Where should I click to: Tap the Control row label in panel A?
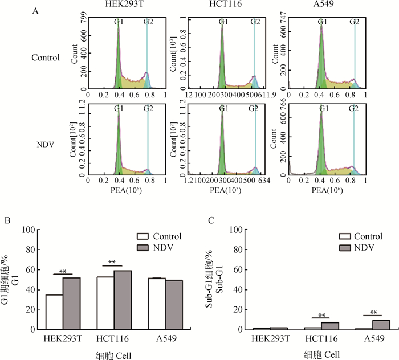[46, 57]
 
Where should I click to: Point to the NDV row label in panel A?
[46, 146]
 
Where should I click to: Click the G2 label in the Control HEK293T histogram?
[148, 22]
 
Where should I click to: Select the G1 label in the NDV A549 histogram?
[323, 108]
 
